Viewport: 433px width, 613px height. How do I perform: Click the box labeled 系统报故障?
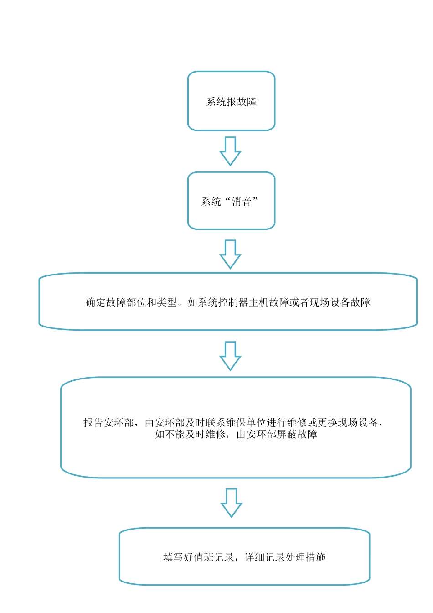click(231, 101)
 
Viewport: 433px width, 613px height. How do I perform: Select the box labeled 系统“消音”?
click(231, 201)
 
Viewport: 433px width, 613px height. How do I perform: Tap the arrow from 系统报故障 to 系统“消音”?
click(230, 151)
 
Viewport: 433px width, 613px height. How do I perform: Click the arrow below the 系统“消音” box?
click(230, 254)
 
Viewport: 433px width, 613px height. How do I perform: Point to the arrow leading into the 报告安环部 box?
click(230, 356)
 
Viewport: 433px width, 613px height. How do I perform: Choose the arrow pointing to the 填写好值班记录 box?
click(231, 503)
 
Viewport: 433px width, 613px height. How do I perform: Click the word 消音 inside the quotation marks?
click(242, 202)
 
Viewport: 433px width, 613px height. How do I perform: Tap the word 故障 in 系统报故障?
click(247, 102)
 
